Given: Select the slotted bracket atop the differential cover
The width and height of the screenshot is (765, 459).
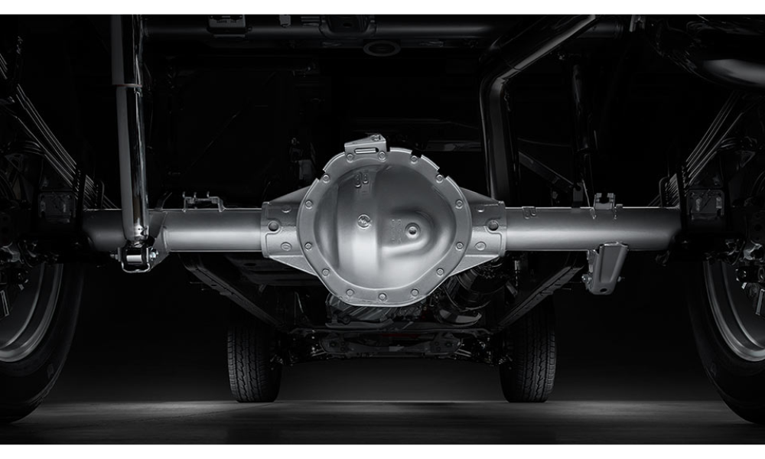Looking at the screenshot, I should coord(366,146).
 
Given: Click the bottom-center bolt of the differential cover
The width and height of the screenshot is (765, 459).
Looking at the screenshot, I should coord(382,294).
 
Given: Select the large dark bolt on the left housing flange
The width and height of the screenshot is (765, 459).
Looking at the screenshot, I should coord(272,226).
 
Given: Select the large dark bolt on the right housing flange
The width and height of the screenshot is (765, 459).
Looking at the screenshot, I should coord(493,225).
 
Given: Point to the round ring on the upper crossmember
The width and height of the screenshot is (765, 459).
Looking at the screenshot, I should coord(382,47).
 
